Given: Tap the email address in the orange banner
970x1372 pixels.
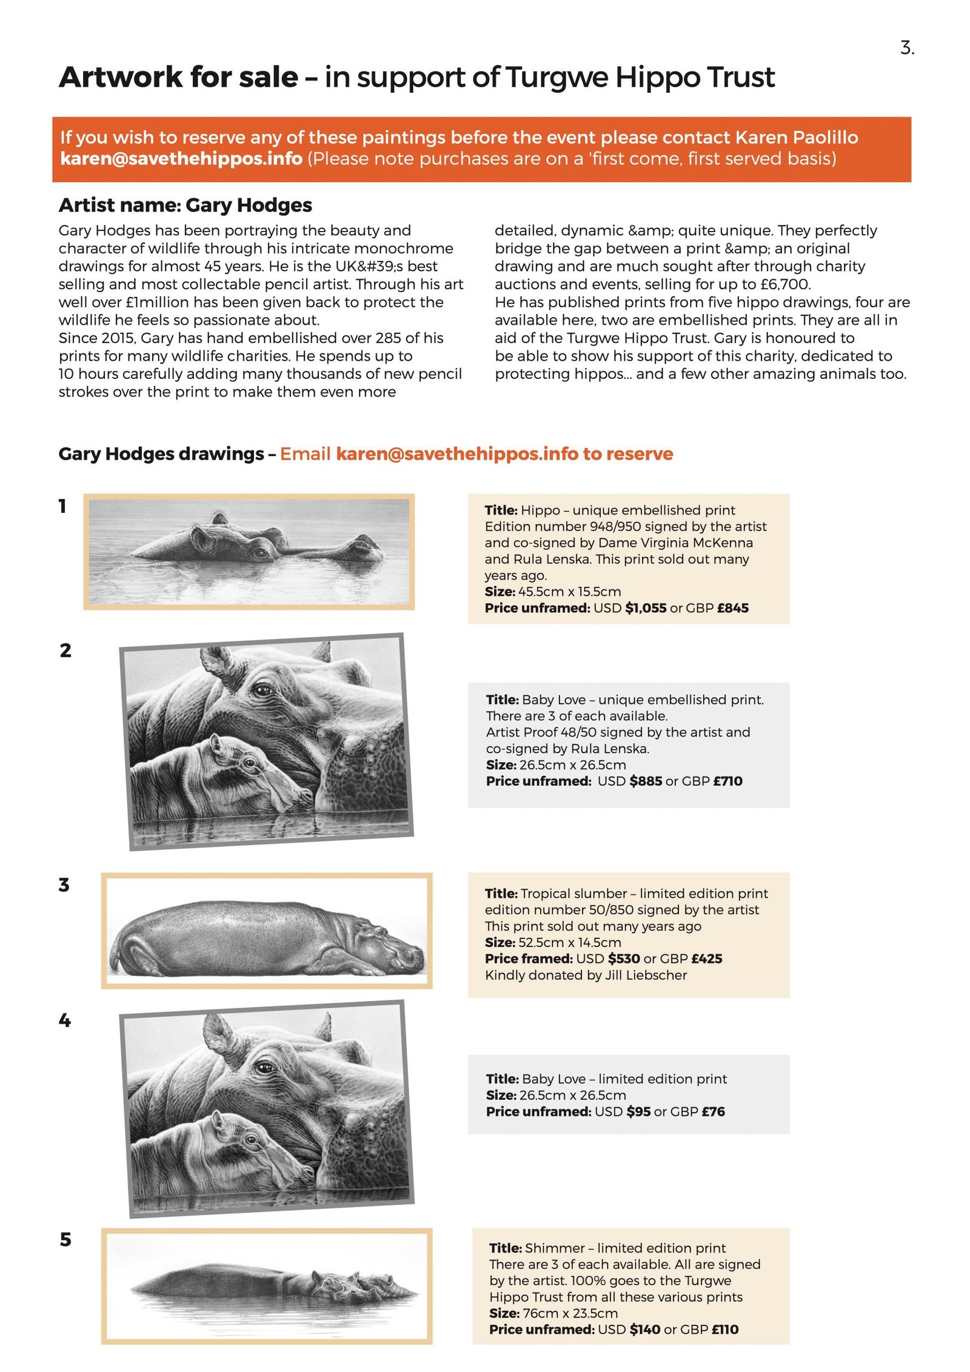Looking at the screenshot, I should point(181,159).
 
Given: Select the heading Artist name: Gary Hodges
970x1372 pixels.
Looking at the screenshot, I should point(185,205).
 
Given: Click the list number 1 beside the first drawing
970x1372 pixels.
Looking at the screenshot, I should point(62,506).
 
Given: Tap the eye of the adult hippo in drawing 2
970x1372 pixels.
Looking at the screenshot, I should point(262,689).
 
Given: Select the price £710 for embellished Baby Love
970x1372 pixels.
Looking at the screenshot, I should point(727,781).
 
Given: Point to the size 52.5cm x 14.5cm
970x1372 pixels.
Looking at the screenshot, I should point(570,942).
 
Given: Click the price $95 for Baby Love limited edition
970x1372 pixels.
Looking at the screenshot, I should point(638,1111).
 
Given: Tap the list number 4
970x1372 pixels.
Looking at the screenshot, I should point(64,1020).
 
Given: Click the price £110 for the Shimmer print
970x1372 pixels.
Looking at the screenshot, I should point(724,1329).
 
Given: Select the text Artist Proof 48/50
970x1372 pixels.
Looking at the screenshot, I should point(561,732).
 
